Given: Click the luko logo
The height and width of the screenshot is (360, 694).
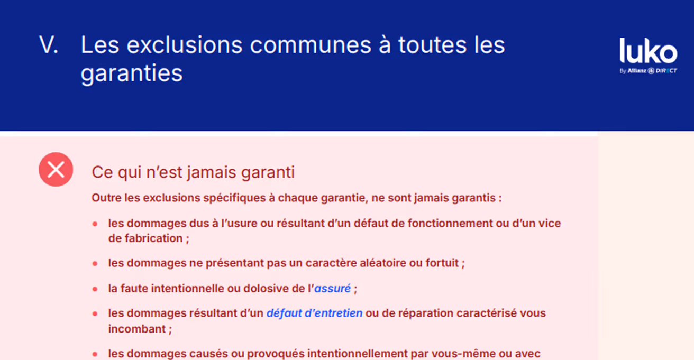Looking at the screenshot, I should [x=648, y=51].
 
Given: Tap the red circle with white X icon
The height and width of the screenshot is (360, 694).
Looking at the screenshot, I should [x=56, y=170].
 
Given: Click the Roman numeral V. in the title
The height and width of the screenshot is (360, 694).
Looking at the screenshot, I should [x=49, y=45].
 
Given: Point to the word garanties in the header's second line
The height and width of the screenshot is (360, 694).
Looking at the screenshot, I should [x=132, y=73].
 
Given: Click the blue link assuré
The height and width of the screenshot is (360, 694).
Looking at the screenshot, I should [x=333, y=289].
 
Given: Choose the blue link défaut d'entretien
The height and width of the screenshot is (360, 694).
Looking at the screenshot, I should [x=314, y=313].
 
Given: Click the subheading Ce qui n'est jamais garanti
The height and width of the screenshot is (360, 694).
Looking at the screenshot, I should [x=193, y=172].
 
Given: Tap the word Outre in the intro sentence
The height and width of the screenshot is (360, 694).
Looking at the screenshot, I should [x=105, y=198].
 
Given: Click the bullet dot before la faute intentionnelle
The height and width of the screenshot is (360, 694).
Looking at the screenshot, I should [x=95, y=289].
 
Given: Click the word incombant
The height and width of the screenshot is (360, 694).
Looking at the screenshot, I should [x=137, y=329].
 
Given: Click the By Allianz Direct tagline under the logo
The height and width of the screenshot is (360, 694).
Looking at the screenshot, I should [x=648, y=71].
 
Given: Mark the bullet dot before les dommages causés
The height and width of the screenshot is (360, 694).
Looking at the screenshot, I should [x=95, y=354].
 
